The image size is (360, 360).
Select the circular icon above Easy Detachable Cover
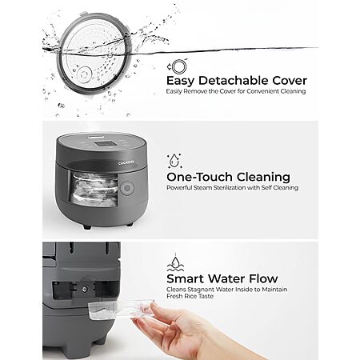click(178, 66)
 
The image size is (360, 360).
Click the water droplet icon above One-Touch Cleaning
click(174, 161)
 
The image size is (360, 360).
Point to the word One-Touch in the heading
click(199, 177)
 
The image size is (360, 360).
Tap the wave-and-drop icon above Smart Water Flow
click(175, 262)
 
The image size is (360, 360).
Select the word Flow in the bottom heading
click(263, 279)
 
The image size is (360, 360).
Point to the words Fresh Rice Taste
click(190, 296)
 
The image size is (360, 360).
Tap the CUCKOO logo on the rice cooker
click(126, 162)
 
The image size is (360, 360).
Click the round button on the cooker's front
click(127, 188)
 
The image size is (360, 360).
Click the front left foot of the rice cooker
click(87, 227)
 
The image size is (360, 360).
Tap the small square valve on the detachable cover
click(84, 74)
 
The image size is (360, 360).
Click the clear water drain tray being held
click(121, 309)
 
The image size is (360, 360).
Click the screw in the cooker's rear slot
click(85, 289)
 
